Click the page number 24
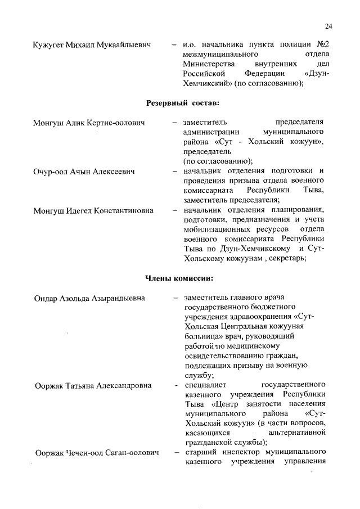(329, 26)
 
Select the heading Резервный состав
(183, 103)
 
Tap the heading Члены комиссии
(179, 278)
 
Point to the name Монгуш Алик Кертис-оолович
(89, 122)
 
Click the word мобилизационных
(217, 230)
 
